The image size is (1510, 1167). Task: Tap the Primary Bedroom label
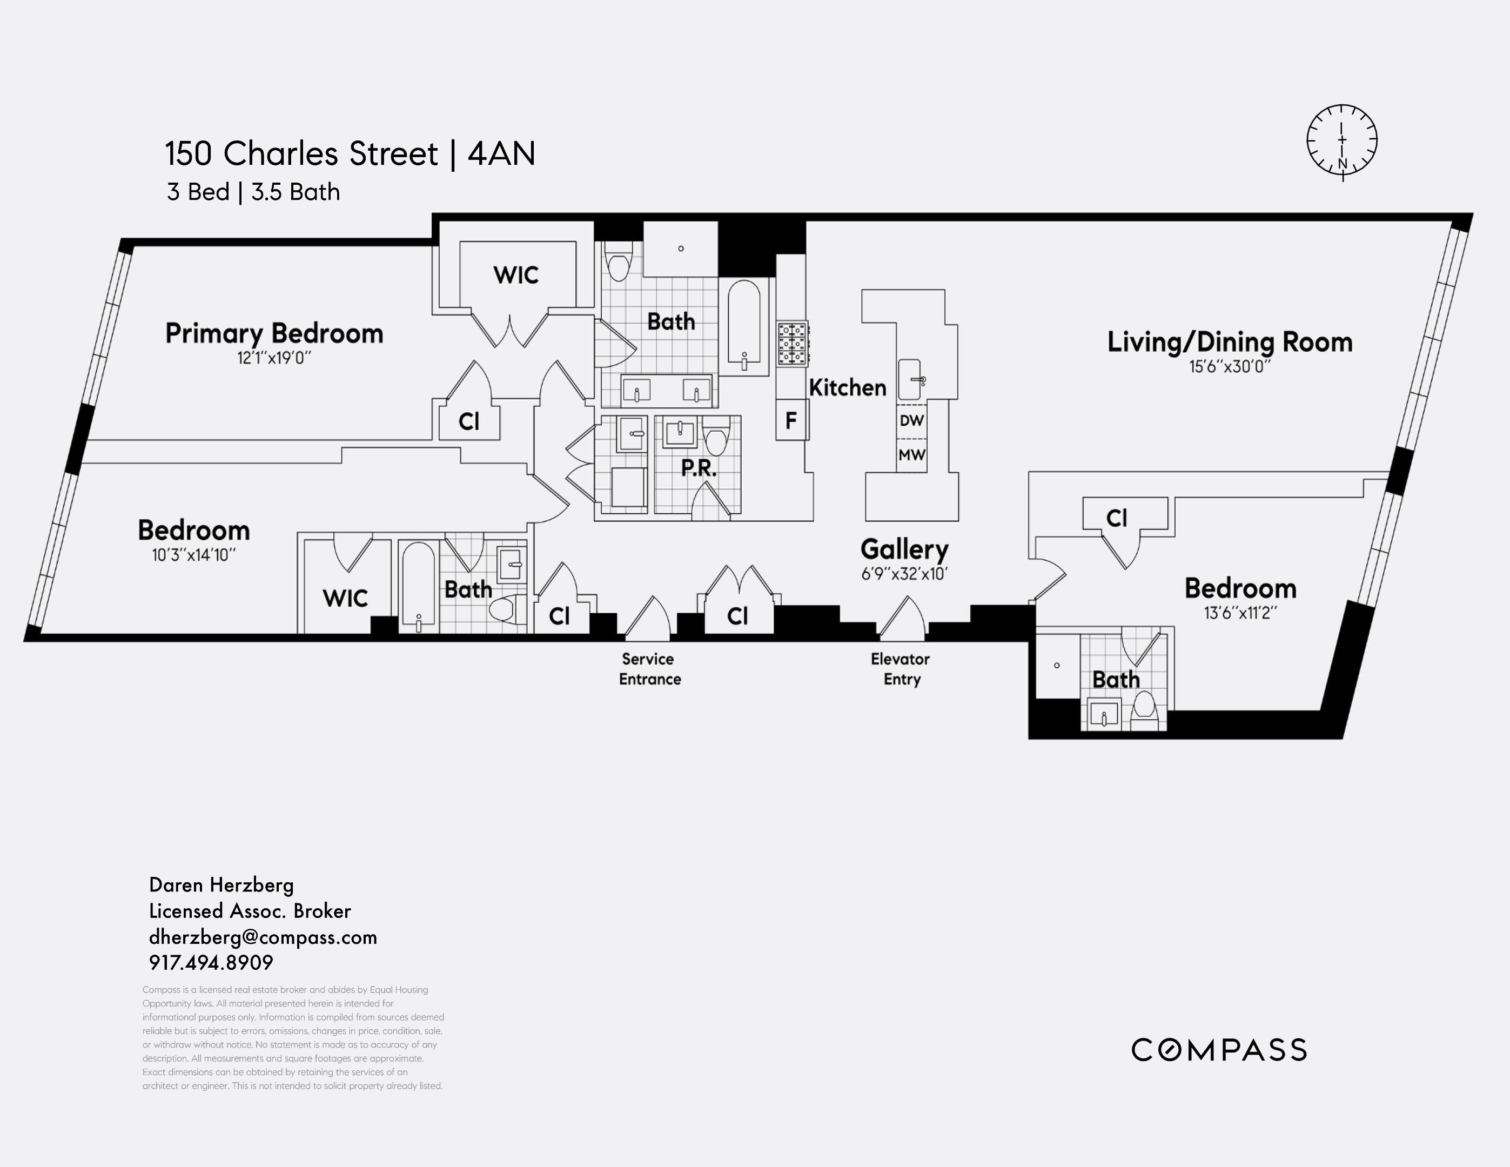pos(274,333)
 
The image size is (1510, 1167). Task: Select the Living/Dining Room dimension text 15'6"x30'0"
pos(1230,366)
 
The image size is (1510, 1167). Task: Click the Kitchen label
pos(848,388)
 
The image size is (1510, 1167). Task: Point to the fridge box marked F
pos(791,420)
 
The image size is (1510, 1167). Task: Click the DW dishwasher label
pos(911,420)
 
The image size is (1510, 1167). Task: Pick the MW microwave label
pos(911,455)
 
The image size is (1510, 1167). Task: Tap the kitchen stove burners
pos(793,343)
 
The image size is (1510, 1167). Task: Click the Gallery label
pos(904,549)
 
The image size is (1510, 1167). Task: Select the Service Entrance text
pos(649,668)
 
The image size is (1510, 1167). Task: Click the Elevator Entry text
pos(900,668)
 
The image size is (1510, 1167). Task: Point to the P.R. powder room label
pos(699,468)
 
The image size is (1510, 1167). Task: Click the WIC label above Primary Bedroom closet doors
pos(516,275)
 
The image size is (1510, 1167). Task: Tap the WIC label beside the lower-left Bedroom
pos(345,598)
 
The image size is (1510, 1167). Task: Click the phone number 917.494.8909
pos(211,962)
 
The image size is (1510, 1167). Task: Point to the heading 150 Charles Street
pos(301,153)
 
